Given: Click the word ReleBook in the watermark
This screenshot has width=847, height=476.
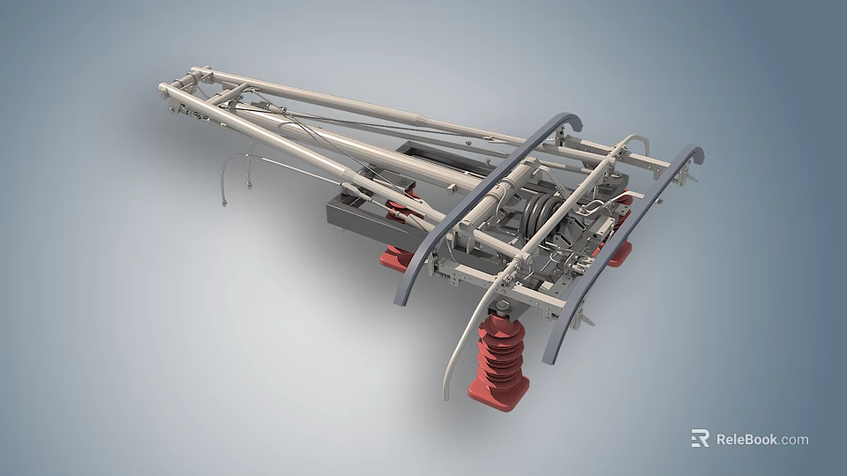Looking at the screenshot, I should coord(746,439).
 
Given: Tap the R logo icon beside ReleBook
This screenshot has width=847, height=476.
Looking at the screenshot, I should coord(700,438).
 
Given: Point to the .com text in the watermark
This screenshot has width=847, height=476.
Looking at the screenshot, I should coord(793,439).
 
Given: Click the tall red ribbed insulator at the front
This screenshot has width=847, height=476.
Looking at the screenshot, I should coord(500,352).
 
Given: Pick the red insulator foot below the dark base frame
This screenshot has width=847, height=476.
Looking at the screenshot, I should coord(395,257).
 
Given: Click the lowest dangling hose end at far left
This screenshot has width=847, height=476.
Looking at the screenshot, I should coord(224,205).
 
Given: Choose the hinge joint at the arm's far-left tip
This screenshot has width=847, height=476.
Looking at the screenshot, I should coord(165,89).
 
